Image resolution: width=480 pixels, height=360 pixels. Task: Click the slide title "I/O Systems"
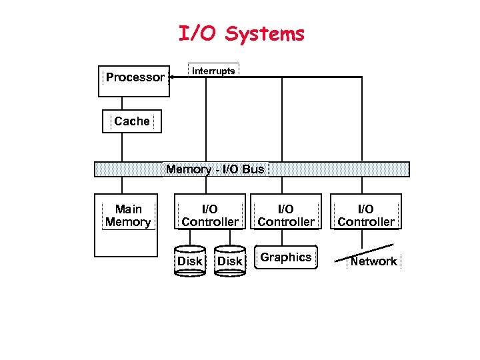[241, 34]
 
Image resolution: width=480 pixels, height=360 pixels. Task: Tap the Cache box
[132, 121]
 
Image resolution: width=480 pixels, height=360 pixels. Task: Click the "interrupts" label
[214, 71]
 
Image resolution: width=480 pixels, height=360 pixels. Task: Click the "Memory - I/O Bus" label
[215, 169]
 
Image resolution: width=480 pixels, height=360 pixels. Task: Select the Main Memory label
[128, 216]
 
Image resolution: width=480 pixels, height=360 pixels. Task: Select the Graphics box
[286, 258]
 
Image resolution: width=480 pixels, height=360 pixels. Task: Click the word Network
[373, 262]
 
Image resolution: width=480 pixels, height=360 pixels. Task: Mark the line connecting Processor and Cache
[122, 103]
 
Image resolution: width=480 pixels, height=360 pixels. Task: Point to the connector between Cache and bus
[122, 147]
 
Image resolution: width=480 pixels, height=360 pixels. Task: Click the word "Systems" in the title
[265, 34]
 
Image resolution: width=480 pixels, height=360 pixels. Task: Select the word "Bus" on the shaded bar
[253, 169]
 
